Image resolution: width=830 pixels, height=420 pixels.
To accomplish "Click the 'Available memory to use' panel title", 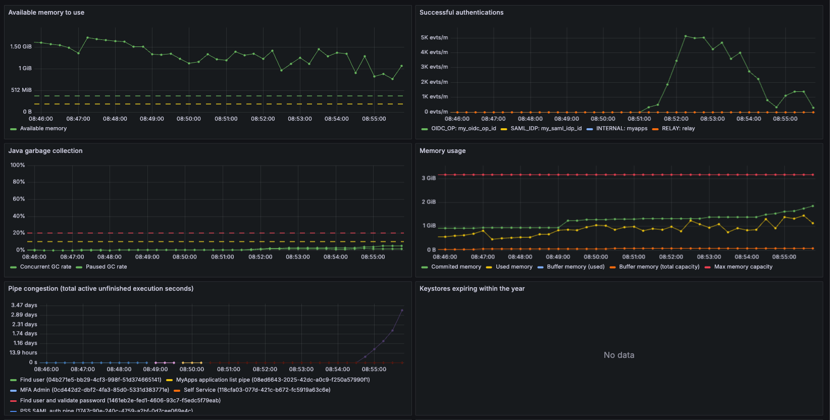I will [46, 13].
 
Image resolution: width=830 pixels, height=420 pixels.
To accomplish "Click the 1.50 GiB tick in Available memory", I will [21, 46].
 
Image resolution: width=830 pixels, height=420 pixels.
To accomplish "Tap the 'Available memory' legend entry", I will [43, 129].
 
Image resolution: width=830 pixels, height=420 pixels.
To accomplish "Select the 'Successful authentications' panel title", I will [461, 13].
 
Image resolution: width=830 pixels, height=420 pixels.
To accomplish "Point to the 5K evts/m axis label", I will [434, 37].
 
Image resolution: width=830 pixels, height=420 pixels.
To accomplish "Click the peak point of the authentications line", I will [685, 36].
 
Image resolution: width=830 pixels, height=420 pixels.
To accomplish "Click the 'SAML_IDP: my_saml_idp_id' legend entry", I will [546, 129].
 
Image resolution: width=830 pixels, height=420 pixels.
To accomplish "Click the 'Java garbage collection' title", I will [45, 151].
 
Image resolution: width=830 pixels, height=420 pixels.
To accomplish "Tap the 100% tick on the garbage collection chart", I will [18, 165].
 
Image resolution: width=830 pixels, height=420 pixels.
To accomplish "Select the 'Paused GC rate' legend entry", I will [106, 267].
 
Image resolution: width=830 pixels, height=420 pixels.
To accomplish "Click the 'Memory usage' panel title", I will [442, 151].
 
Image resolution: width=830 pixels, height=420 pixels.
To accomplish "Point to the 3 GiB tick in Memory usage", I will [429, 178].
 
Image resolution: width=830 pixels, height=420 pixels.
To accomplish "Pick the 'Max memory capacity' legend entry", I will [743, 267].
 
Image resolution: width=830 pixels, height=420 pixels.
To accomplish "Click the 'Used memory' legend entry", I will [513, 267].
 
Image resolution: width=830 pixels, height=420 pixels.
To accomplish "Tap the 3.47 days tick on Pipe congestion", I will [24, 305].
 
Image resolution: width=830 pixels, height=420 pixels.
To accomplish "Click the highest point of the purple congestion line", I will [402, 310].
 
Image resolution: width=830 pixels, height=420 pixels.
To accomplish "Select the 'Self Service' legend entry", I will [256, 390].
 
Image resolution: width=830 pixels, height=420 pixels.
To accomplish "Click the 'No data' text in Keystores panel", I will [619, 355].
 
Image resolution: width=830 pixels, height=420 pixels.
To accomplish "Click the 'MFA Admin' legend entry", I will [94, 390].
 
